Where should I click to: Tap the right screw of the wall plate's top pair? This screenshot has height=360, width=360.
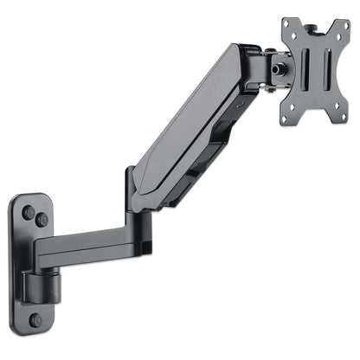click(42, 220)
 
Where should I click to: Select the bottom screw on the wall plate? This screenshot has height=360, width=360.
click(35, 319)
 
